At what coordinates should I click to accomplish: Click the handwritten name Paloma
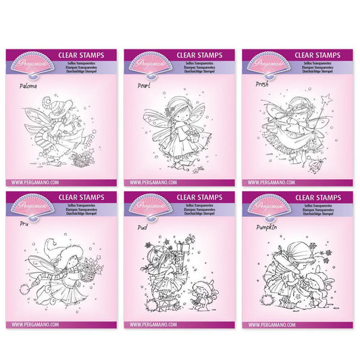pyautogui.click(x=28, y=86)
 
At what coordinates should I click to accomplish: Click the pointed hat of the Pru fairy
pyautogui.click(x=51, y=256)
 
